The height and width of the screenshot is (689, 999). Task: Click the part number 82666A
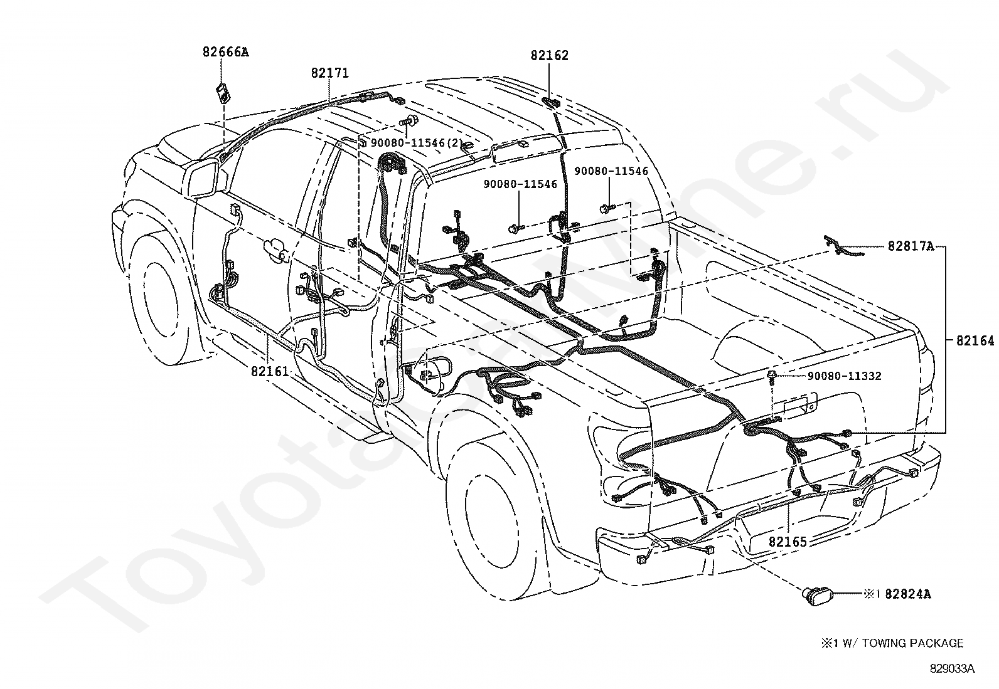226,52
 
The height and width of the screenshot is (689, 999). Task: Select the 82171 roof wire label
330,73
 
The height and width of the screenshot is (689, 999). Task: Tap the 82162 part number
550,55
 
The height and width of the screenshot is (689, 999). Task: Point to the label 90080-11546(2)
417,142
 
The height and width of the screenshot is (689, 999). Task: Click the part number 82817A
911,246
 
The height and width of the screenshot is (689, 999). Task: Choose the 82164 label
975,340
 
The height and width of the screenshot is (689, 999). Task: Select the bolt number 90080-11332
844,376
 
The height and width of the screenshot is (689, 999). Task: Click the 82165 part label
788,542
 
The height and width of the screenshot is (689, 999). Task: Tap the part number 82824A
908,594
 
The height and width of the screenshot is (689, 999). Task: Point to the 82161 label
270,371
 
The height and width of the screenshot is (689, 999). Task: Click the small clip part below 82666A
223,93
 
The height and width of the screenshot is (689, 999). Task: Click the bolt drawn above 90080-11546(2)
407,120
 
